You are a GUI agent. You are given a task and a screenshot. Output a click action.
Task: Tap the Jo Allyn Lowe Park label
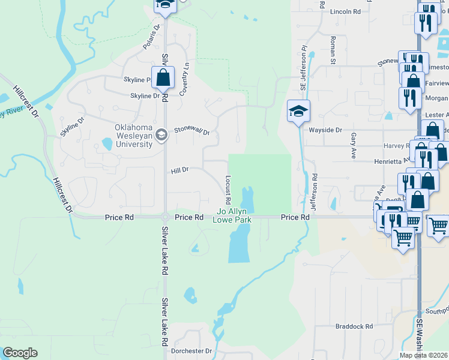click(232, 215)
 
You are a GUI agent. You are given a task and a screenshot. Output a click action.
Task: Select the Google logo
click(20, 353)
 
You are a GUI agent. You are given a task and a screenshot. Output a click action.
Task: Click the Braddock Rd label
click(354, 326)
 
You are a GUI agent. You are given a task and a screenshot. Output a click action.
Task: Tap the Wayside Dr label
click(325, 130)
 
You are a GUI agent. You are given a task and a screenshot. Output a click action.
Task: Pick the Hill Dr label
click(180, 170)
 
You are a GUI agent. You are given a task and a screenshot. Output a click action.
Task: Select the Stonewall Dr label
click(192, 131)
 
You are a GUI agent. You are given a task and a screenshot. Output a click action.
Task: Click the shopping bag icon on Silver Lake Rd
click(163, 77)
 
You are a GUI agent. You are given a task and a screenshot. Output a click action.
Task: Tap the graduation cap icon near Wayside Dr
click(297, 111)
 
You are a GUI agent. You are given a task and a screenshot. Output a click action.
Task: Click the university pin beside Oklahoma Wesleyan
click(161, 135)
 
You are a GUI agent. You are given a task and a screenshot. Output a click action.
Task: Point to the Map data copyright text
click(424, 355)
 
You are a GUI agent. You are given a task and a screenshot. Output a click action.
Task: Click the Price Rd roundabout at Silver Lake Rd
click(164, 217)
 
